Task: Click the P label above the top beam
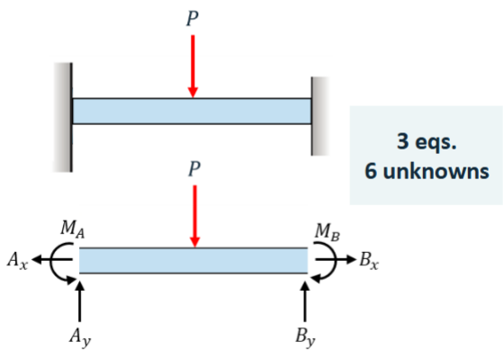193,18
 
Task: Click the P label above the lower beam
194,168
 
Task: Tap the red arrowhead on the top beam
193,92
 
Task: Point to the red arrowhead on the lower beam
194,242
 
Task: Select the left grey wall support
63,117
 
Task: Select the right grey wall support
319,116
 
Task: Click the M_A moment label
73,229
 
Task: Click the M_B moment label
328,231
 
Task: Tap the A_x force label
18,260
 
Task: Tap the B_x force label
369,260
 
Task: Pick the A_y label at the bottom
80,337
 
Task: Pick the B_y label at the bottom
305,337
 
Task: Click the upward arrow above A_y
79,301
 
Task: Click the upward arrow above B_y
305,301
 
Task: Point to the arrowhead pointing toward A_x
37,259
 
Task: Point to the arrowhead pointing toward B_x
352,259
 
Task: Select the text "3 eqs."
427,141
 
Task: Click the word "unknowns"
436,171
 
